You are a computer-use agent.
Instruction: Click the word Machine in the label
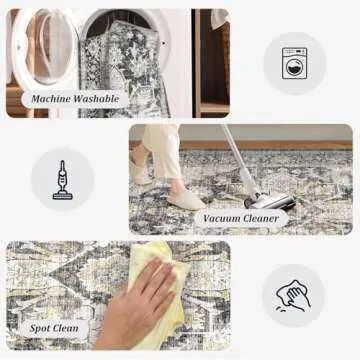[x=51, y=99]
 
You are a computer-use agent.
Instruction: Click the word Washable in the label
[x=96, y=99]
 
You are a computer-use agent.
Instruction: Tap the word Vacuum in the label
[x=222, y=219]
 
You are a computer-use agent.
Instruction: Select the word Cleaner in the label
[x=262, y=219]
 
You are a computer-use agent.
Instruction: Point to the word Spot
[x=41, y=328]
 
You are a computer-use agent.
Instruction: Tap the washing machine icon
[x=294, y=63]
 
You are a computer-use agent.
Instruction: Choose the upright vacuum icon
[x=62, y=180]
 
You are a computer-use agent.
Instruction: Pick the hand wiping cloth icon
[x=293, y=296]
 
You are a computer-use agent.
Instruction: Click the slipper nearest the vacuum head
[x=186, y=199]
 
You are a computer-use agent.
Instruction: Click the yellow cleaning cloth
[x=159, y=293]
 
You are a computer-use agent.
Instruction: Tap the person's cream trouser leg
[x=163, y=153]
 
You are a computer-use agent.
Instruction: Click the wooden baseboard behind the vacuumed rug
[x=267, y=145]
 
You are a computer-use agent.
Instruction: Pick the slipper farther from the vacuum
[x=141, y=172]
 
